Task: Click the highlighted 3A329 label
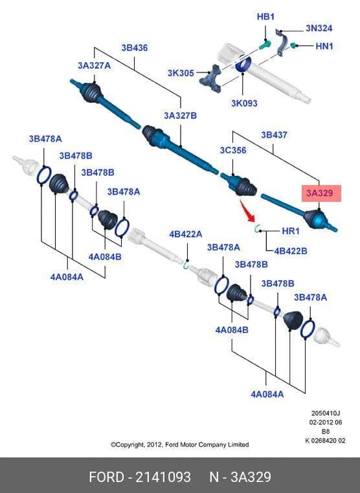319,193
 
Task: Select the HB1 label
265,16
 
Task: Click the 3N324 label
319,28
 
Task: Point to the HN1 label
324,46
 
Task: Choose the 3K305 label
181,73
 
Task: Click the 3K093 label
244,103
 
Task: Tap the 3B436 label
135,48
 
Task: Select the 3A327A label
94,65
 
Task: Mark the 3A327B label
180,115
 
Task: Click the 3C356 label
233,150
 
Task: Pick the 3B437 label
274,135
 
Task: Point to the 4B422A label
186,234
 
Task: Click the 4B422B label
291,251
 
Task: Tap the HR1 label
291,231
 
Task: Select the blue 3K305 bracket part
210,78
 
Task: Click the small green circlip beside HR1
257,228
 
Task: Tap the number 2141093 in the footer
163,477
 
